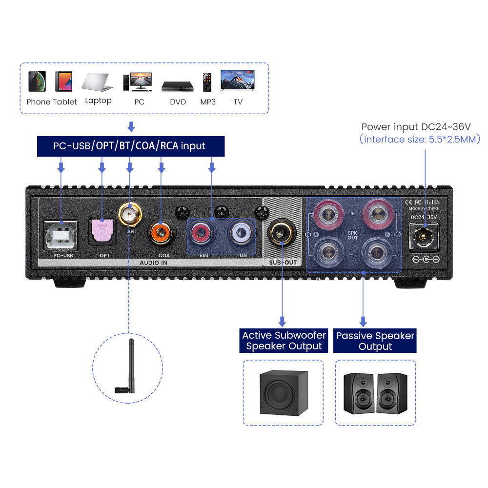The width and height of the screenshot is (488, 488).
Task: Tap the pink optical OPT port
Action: pyautogui.click(x=102, y=231)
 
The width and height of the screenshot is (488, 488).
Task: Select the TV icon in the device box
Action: pyautogui.click(x=238, y=81)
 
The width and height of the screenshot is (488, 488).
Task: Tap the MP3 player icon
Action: pyautogui.click(x=207, y=81)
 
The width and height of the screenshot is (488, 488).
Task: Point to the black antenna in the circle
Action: pyautogui.click(x=128, y=366)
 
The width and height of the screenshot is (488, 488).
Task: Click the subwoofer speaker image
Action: pyautogui.click(x=283, y=392)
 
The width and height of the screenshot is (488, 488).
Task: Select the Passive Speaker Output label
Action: pyautogui.click(x=375, y=341)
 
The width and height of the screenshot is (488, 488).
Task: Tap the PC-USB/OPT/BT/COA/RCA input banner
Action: pyautogui.click(x=131, y=146)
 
